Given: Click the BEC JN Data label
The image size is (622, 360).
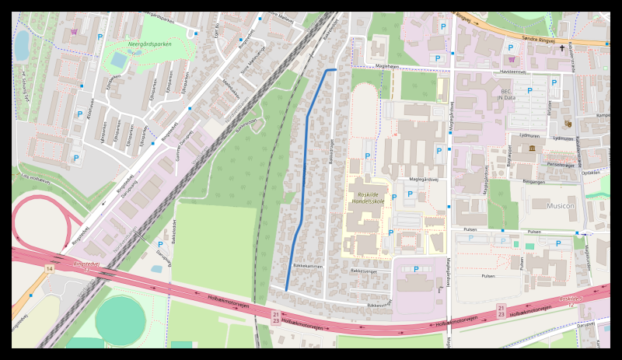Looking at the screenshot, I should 507,94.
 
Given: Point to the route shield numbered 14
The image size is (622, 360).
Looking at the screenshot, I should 49,268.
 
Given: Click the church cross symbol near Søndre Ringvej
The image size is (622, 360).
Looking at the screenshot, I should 562,48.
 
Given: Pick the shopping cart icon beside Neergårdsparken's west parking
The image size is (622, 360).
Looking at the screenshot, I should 75,32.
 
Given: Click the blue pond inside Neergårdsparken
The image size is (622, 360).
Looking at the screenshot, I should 118,59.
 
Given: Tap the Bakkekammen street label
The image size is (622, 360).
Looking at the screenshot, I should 307,266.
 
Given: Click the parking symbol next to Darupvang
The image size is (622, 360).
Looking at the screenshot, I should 160,244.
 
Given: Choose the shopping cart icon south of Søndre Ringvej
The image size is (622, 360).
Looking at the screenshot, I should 511,58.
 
